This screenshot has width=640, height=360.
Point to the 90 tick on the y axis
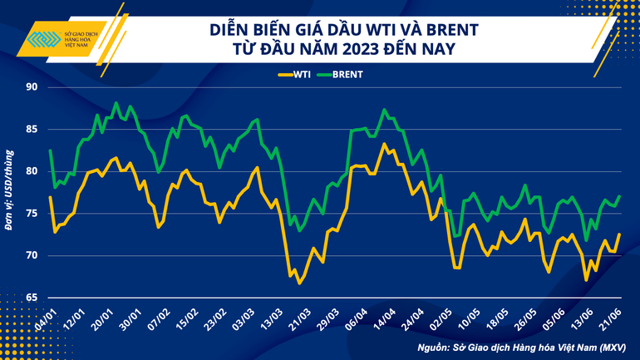click(32, 87)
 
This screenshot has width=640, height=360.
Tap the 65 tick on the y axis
click(32, 297)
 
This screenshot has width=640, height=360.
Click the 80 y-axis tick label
click(32, 171)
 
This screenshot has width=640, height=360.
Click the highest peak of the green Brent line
click(116, 103)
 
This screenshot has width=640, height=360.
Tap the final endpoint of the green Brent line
click(620, 196)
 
